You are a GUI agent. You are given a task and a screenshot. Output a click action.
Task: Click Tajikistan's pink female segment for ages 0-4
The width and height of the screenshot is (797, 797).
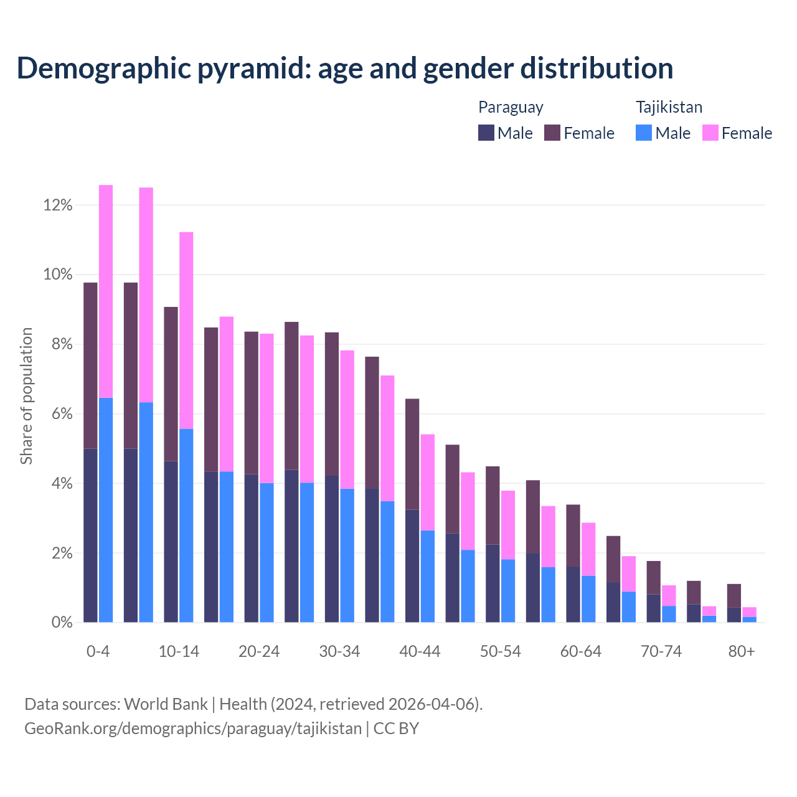(x=106, y=291)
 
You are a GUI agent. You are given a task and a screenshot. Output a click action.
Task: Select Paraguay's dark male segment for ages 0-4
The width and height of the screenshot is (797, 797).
(x=90, y=535)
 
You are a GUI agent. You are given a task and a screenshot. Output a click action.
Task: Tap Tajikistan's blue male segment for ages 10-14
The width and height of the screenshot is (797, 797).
(x=186, y=526)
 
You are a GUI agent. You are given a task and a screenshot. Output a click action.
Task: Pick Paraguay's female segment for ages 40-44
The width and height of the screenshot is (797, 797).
(x=412, y=454)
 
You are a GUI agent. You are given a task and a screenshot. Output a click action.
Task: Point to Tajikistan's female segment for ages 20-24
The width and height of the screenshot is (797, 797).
(x=266, y=408)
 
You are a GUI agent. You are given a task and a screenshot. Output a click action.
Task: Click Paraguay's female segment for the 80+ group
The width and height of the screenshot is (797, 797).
(x=734, y=596)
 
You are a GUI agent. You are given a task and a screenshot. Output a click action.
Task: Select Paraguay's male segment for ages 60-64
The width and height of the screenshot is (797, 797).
(x=573, y=594)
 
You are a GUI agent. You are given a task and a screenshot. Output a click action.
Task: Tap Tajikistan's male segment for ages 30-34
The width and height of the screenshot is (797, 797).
(x=347, y=555)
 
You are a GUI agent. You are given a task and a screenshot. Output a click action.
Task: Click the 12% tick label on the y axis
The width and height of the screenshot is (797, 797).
(x=58, y=205)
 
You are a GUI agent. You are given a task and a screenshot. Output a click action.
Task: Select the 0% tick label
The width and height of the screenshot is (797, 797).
(x=62, y=623)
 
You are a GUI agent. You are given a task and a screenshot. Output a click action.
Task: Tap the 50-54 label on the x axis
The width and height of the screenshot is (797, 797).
(x=500, y=652)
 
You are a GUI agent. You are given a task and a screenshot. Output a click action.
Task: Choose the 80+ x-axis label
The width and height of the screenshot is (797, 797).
(x=742, y=652)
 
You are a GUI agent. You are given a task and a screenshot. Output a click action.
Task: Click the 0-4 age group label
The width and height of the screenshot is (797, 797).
(x=98, y=652)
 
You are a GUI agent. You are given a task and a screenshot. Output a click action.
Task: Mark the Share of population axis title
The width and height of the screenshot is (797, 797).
(x=26, y=396)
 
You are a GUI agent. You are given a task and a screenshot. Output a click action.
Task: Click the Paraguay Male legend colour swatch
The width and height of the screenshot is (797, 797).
(x=486, y=133)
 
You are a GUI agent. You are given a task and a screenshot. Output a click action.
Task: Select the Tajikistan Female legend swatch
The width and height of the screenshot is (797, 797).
(x=710, y=133)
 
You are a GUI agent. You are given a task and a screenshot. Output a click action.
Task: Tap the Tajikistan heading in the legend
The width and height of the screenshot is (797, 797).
(x=669, y=107)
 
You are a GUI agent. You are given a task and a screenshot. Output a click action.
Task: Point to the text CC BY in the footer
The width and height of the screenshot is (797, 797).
(x=396, y=728)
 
